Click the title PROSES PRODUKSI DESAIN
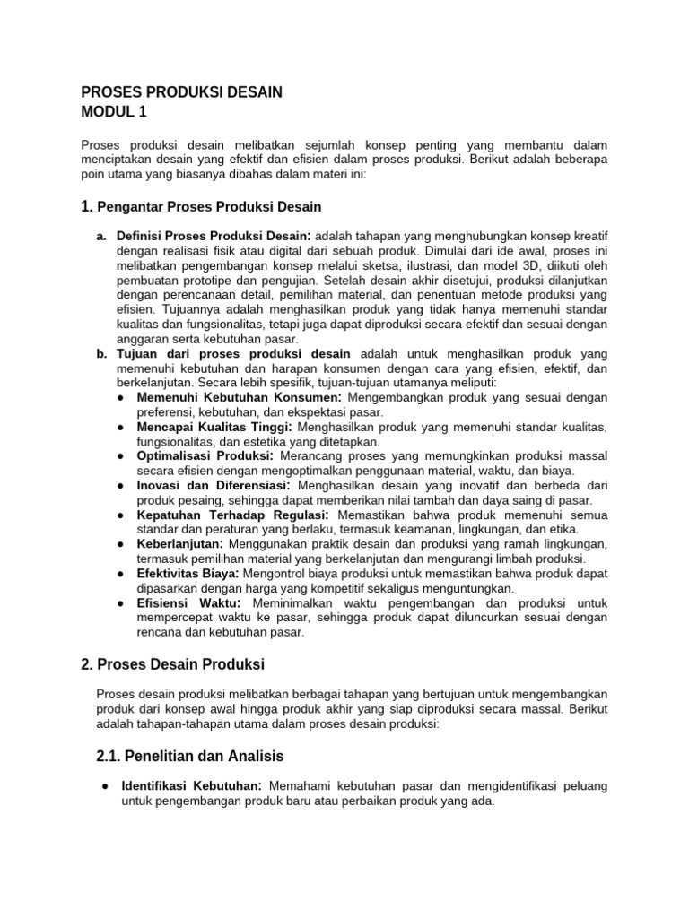pos(181,91)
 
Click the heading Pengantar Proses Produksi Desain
pos(208,207)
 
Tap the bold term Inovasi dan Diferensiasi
pos(214,485)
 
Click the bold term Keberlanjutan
pos(181,544)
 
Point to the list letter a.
pos(100,235)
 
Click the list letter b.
pos(101,353)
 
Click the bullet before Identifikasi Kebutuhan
pos(106,786)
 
